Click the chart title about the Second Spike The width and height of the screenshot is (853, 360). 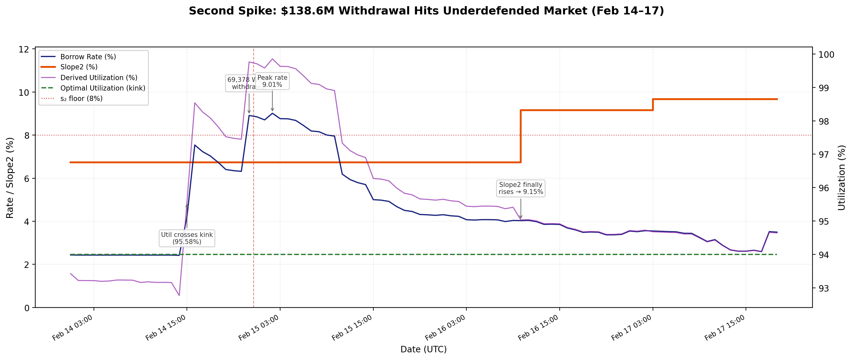click(426, 11)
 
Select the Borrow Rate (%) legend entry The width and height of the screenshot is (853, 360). click(88, 57)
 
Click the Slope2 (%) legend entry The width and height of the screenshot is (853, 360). click(79, 67)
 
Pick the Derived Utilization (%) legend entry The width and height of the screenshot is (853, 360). click(99, 78)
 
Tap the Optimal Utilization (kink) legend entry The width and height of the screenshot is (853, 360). click(103, 88)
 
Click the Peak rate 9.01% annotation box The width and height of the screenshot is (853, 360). click(272, 81)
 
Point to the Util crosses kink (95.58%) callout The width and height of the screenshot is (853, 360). click(187, 238)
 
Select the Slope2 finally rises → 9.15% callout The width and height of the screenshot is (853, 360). click(520, 188)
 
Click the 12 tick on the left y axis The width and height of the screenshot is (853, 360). click(24, 49)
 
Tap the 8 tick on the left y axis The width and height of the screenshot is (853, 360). click(26, 135)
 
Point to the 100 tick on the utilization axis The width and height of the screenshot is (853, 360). click(826, 55)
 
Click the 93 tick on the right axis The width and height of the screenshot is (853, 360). click(824, 288)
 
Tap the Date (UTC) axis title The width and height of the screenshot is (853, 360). click(423, 349)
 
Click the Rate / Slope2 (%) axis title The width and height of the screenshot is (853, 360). click(10, 178)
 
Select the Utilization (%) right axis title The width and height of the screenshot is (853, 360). click(841, 178)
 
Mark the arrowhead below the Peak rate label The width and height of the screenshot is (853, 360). click(272, 110)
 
